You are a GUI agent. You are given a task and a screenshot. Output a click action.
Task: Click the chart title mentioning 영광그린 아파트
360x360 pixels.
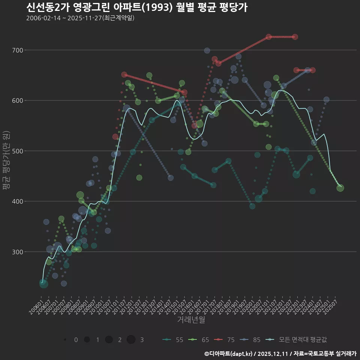pos(137,7)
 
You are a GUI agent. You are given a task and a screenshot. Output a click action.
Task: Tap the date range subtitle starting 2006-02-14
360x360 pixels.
pos(80,18)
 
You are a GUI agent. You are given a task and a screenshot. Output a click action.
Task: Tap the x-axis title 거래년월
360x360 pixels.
pos(191,319)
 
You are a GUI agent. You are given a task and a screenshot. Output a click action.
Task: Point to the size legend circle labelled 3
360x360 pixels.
pos(131,340)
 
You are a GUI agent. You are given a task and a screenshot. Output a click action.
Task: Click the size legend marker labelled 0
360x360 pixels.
pos(65,340)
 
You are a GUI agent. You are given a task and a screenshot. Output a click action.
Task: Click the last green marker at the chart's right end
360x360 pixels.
pos(340,188)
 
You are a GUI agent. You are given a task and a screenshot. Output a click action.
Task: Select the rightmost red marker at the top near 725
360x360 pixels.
pos(295,37)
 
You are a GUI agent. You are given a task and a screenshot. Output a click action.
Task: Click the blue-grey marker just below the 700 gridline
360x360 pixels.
pos(207,51)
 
